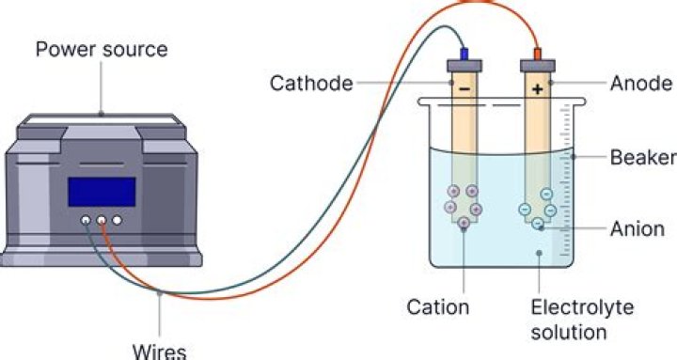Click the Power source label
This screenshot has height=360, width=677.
[102, 50]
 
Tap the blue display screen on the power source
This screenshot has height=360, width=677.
[102, 192]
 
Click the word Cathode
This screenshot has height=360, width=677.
[311, 83]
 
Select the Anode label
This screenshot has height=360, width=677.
[640, 84]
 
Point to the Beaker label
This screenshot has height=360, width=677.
[643, 157]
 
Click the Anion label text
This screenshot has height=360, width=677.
[638, 228]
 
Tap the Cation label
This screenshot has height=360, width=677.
[438, 307]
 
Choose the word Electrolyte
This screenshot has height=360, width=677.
[582, 307]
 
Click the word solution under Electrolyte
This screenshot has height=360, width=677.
[569, 333]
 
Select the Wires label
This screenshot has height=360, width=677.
[160, 352]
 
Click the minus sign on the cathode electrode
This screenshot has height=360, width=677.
[464, 89]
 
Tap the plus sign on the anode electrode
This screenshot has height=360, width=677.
[538, 89]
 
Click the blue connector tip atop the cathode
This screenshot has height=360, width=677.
[464, 54]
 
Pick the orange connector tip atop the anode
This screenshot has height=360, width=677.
[538, 54]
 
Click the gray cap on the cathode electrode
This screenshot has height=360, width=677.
[464, 66]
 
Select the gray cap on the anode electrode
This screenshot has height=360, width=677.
[538, 66]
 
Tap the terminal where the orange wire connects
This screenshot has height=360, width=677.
[101, 220]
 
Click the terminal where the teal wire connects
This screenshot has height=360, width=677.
[86, 220]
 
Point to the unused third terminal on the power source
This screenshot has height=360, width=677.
[117, 220]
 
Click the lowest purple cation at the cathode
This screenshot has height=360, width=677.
[464, 223]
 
